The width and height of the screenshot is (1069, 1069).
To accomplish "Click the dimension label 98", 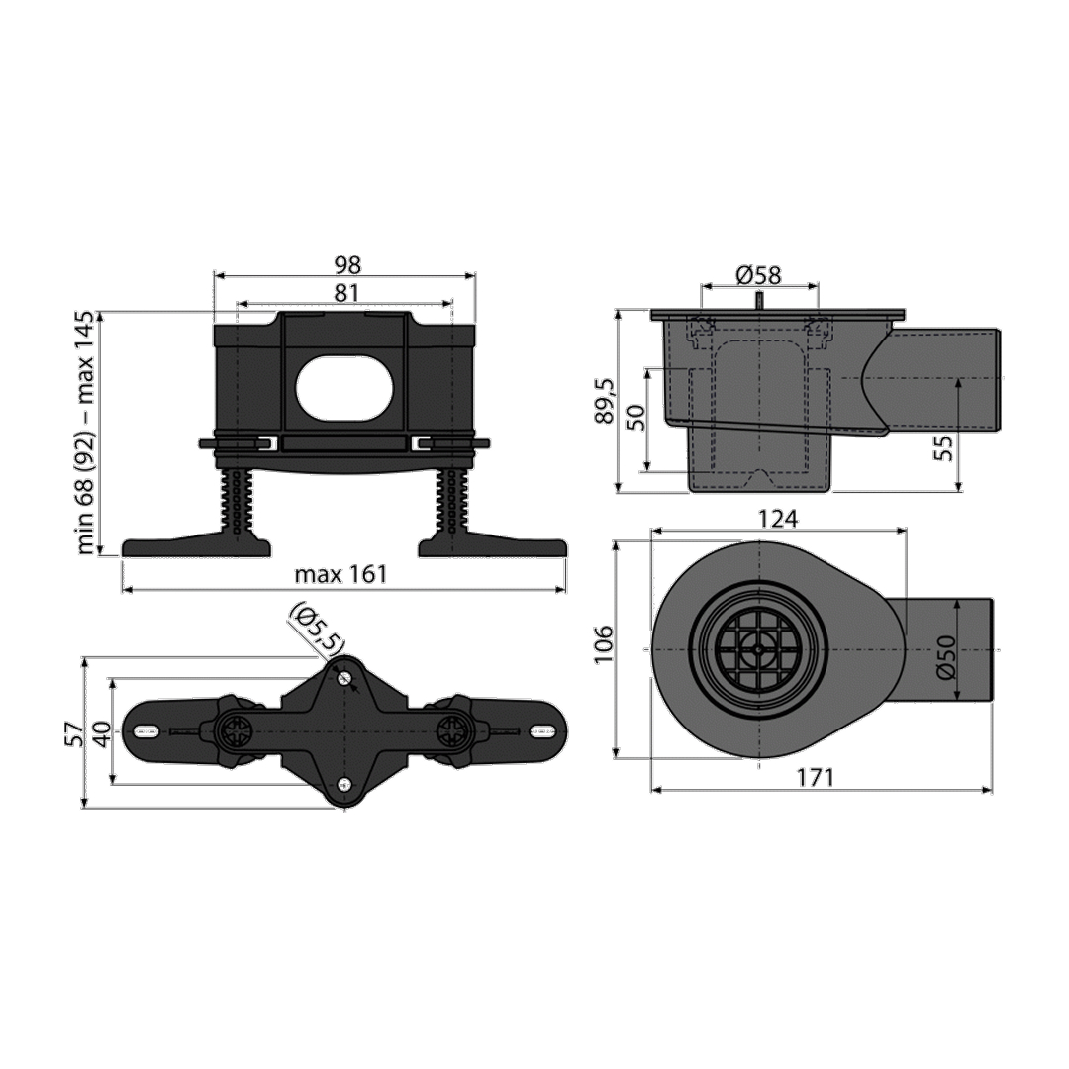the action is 346,265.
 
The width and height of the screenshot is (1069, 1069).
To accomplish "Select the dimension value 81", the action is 346,292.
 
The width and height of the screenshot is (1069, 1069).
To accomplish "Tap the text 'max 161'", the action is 340,574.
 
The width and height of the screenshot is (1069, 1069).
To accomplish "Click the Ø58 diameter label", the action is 759,275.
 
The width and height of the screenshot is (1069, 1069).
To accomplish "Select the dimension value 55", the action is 943,448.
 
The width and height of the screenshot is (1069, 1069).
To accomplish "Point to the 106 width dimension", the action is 605,645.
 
